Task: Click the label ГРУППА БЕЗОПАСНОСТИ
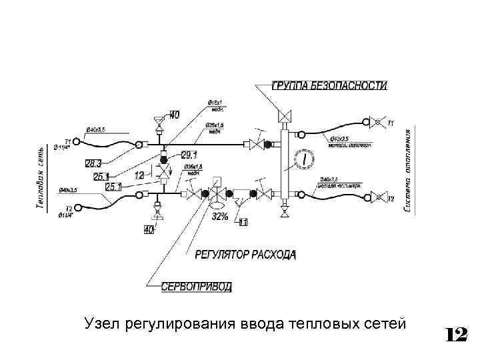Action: coord(329,85)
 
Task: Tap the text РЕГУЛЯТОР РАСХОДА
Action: coord(246,255)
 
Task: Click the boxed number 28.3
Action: coord(93,163)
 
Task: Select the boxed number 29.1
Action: coord(189,155)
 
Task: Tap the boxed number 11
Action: coord(243,222)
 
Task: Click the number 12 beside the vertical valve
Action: coord(140,175)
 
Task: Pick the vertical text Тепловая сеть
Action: coord(39,177)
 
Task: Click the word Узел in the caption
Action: coord(100,325)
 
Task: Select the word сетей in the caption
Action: coord(387,325)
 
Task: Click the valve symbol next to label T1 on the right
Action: coord(379,123)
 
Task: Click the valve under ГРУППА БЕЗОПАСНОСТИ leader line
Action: coord(285,115)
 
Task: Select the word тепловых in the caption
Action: coord(326,325)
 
